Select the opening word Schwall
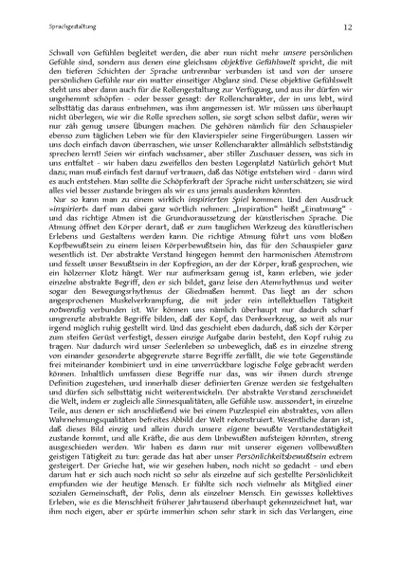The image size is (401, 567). [x=68, y=47]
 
